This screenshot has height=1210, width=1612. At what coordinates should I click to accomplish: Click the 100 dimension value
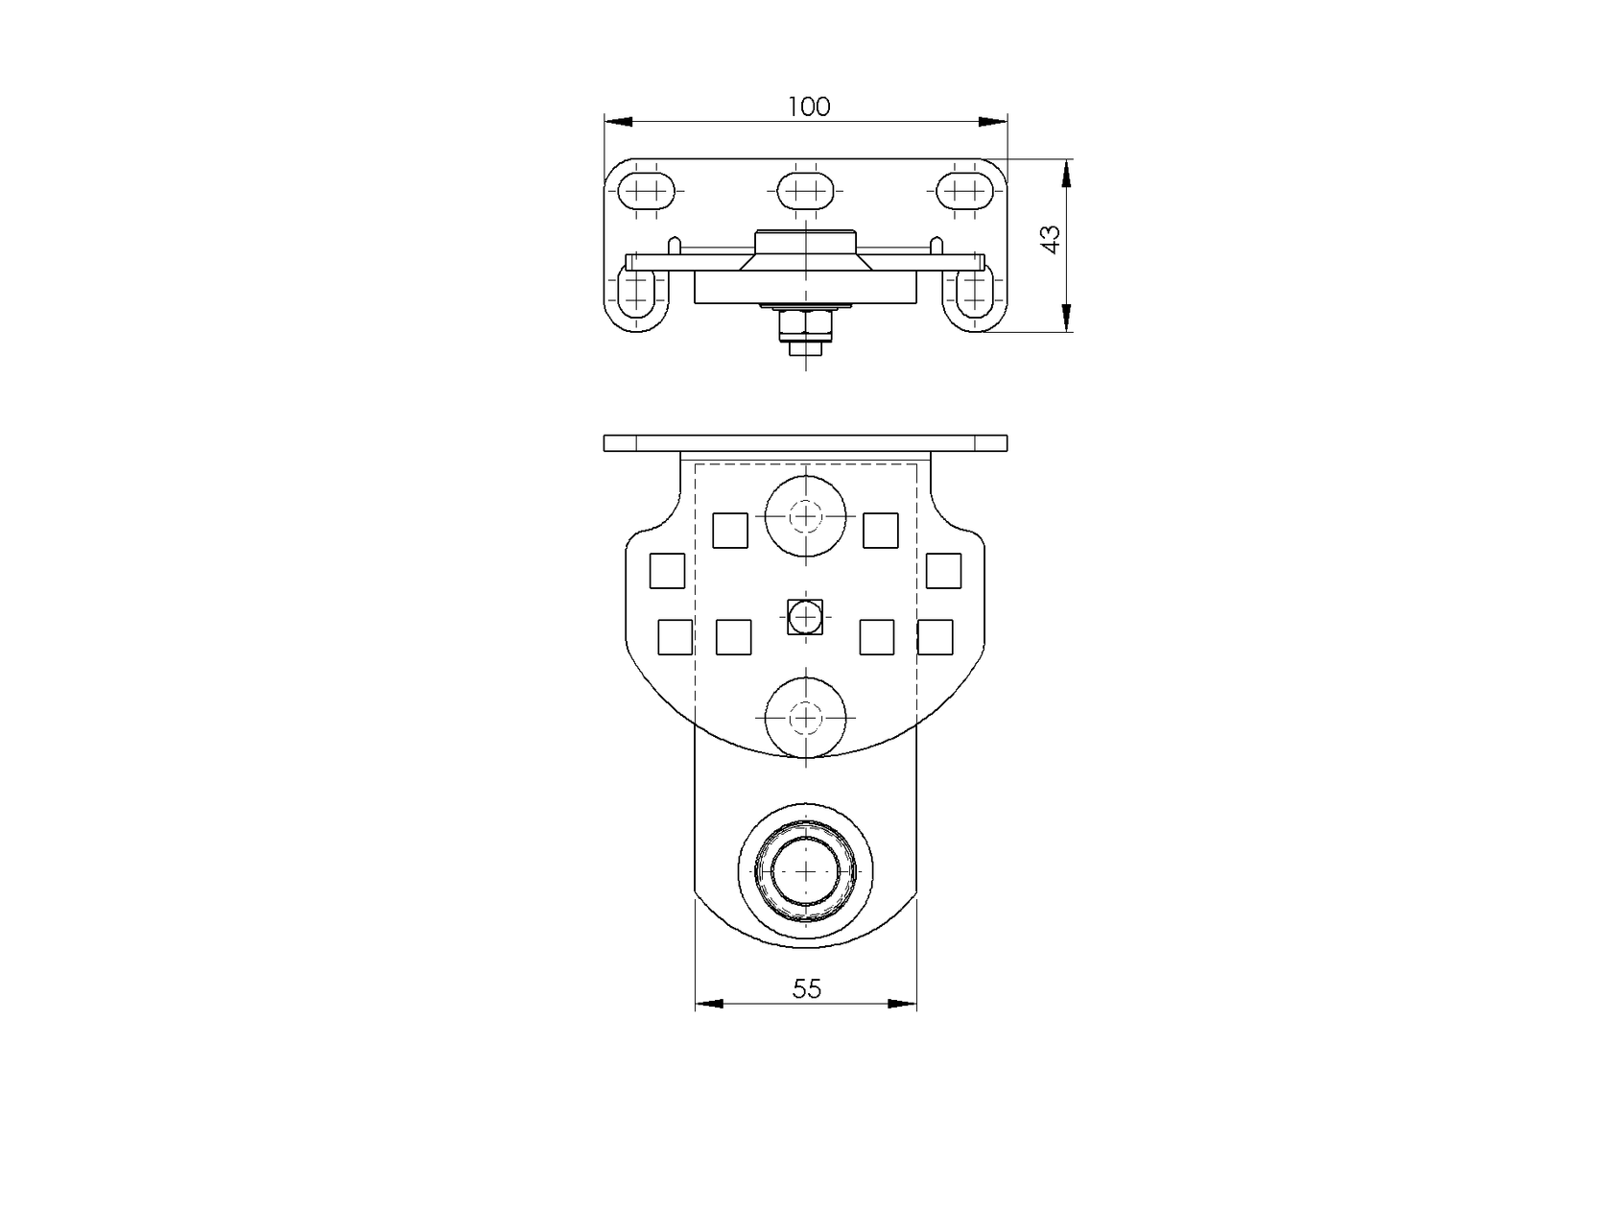pos(809,107)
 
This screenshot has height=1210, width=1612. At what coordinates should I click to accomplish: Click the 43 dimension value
pos(1051,240)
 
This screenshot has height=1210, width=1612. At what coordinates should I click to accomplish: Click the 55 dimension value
pos(806,989)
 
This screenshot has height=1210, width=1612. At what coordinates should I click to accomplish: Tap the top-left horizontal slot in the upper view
pos(646,191)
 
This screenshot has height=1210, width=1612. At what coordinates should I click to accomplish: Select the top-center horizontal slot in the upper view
pos(806,191)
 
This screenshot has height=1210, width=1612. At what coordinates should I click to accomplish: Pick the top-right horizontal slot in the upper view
pos(965,191)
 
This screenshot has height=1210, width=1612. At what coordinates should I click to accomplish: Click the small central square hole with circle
pos(806,617)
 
